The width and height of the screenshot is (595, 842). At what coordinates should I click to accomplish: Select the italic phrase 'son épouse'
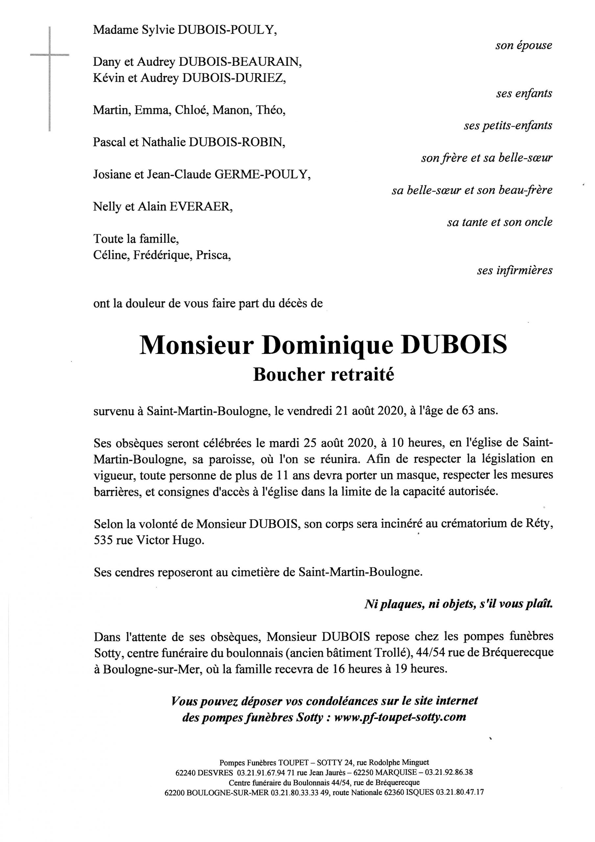[x=524, y=45]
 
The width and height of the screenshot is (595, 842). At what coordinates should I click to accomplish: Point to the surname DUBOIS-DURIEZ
[x=233, y=78]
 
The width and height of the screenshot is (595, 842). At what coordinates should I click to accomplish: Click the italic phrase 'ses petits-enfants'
[x=508, y=126]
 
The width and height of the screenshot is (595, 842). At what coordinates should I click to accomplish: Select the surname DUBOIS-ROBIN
[x=236, y=142]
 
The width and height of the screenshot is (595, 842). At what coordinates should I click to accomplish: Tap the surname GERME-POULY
[x=262, y=175]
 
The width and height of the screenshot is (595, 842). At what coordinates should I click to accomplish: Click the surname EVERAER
[x=200, y=207]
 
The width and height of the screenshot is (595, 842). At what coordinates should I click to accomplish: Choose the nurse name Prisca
[x=213, y=255]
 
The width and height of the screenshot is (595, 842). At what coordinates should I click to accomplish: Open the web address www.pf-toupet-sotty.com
[x=400, y=717]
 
